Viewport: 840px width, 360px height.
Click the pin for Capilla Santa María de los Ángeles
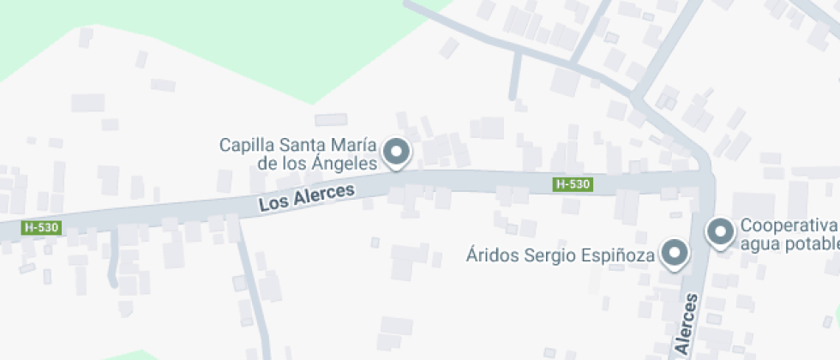[395, 153]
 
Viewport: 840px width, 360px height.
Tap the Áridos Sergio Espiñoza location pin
[675, 253]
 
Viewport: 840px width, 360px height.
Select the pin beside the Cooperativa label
[720, 231]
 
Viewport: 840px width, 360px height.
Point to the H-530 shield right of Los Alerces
[573, 184]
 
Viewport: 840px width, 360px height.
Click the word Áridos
[490, 255]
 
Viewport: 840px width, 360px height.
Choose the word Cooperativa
[788, 225]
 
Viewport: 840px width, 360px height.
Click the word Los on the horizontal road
[273, 204]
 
